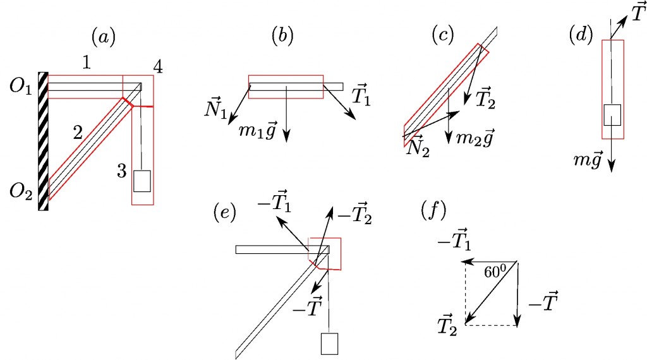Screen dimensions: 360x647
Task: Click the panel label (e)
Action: coord(224,214)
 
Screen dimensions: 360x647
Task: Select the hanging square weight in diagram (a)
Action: coord(142,181)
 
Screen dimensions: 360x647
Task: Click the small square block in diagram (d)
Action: coord(613,115)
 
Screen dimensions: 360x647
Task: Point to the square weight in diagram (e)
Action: coord(330,344)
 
